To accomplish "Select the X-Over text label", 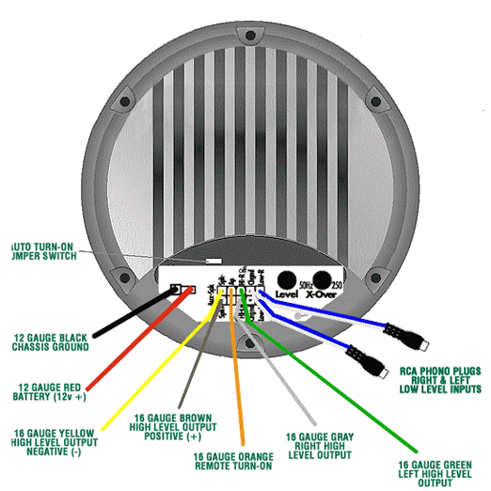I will pyautogui.click(x=324, y=294).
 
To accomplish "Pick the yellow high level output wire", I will pyautogui.click(x=141, y=376).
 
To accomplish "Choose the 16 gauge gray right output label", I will pyautogui.click(x=321, y=443).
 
